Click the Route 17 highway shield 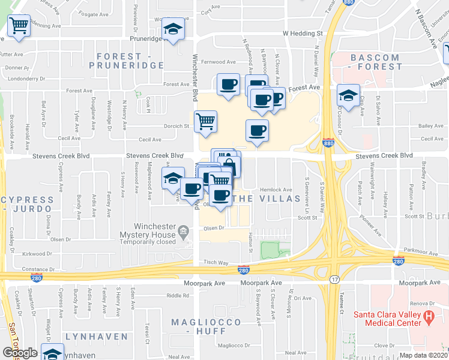(334, 280)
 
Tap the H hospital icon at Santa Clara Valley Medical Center (429, 316)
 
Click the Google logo (20, 352)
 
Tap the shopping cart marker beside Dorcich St (205, 121)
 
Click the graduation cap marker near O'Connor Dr (348, 95)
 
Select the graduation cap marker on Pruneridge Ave (173, 29)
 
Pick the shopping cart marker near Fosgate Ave (19, 26)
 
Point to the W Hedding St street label (303, 34)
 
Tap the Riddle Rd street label (178, 295)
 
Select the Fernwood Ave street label (218, 62)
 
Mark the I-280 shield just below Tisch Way (243, 271)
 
